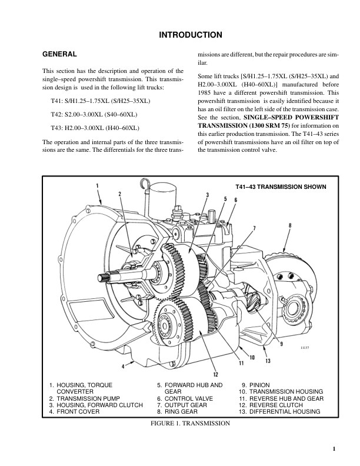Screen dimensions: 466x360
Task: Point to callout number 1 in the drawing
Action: (x=97, y=186)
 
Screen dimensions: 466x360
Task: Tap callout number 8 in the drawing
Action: (x=290, y=225)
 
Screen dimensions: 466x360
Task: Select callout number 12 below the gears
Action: (x=216, y=373)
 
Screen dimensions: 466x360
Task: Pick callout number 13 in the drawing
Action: (x=268, y=361)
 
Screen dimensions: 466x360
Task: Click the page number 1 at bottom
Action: (x=334, y=450)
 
